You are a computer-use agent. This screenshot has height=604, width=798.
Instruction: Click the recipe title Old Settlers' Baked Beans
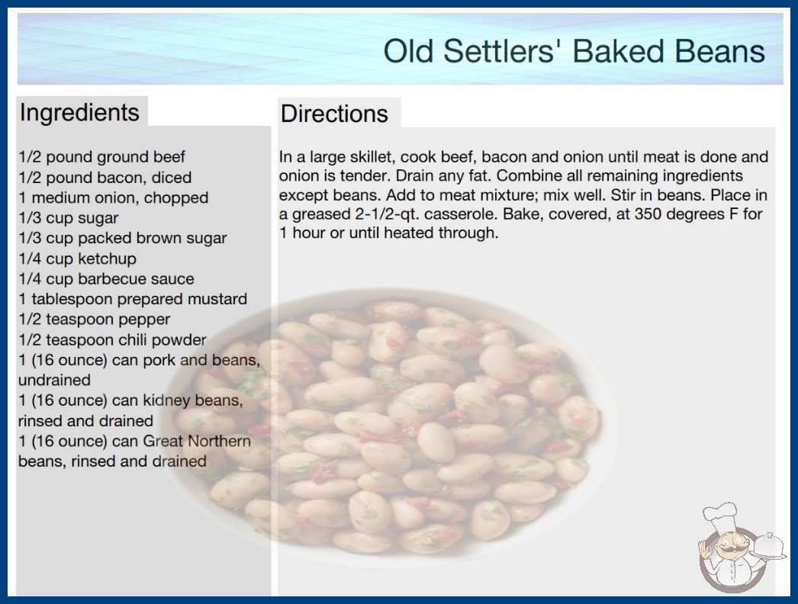click(574, 51)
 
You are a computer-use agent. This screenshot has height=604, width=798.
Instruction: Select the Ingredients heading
click(79, 112)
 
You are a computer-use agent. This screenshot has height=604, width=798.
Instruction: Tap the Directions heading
click(334, 114)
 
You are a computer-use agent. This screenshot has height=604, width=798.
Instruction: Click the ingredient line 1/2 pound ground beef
click(101, 157)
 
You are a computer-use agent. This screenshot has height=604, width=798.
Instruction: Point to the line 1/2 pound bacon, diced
click(105, 178)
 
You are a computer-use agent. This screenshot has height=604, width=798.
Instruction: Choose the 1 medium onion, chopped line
click(114, 198)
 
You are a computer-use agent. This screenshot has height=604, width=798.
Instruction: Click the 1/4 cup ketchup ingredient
click(77, 259)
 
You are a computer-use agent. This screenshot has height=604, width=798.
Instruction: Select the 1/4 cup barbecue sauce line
click(106, 279)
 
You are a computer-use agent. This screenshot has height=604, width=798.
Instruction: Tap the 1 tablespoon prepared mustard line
click(133, 299)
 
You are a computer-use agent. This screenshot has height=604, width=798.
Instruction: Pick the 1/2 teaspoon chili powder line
click(112, 339)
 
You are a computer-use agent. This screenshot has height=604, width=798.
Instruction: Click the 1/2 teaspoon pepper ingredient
click(94, 319)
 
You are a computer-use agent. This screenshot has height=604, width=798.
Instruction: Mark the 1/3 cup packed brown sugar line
click(123, 238)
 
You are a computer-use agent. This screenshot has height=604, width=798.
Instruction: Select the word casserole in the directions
click(461, 214)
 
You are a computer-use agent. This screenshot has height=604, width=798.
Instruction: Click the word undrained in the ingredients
click(54, 380)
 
